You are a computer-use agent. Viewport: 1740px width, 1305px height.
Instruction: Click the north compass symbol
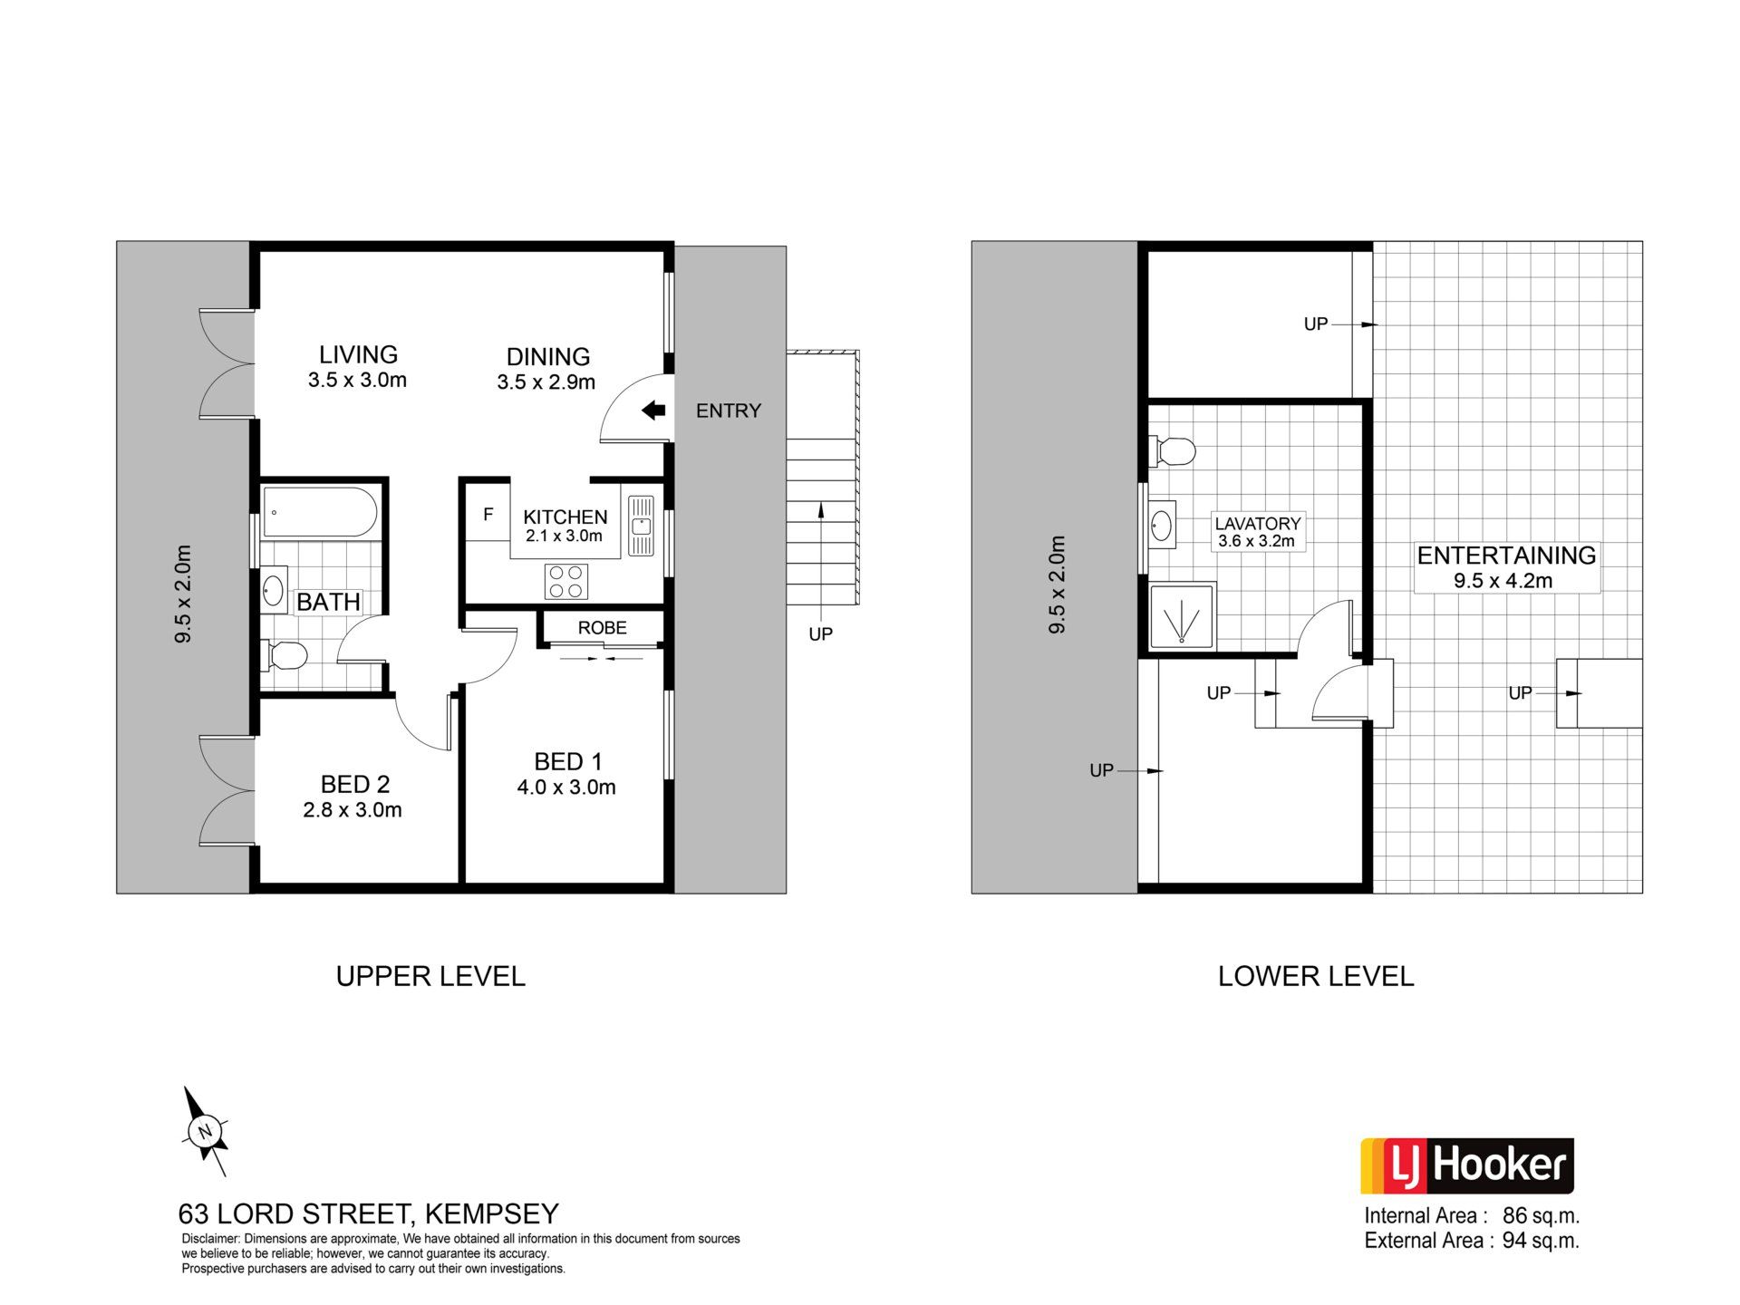point(205,1131)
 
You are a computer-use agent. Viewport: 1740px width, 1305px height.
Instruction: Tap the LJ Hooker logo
point(1467,1166)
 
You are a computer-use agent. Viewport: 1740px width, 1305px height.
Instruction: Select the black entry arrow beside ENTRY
point(653,411)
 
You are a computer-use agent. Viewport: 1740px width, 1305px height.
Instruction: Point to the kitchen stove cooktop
point(566,581)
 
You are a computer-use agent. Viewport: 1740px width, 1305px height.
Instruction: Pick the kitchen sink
point(642,526)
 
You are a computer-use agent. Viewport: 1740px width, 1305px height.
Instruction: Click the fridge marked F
point(488,515)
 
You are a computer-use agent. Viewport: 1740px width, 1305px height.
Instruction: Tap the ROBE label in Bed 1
point(603,627)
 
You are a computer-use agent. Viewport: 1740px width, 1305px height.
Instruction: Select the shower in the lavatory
point(1184,616)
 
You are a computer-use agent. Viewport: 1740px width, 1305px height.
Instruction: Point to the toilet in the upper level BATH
point(284,655)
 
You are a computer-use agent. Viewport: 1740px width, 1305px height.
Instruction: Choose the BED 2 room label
point(355,784)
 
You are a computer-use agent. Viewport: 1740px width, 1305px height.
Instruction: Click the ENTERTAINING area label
point(1506,556)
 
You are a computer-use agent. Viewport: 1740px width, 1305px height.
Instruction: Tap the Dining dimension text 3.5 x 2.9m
point(546,382)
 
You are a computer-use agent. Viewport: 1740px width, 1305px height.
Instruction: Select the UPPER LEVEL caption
point(430,976)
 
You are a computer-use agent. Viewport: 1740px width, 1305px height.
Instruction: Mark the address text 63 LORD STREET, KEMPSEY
point(369,1213)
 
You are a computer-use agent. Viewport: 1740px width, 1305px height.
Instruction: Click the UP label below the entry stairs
point(821,634)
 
